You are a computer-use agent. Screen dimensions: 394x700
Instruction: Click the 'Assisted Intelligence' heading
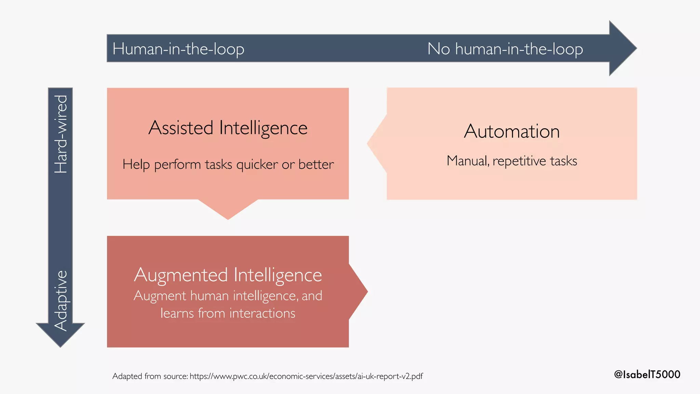click(228, 128)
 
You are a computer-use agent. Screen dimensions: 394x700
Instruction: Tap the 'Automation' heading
click(512, 131)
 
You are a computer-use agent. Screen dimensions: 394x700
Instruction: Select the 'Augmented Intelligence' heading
click(228, 275)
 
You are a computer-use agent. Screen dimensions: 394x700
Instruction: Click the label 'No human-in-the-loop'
click(505, 49)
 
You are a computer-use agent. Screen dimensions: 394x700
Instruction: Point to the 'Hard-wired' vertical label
click(61, 134)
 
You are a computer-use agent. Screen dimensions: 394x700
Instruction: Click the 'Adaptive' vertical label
click(61, 300)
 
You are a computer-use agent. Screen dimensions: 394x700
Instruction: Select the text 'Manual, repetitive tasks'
click(512, 161)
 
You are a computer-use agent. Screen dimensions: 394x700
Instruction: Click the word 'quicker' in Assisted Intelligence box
click(257, 165)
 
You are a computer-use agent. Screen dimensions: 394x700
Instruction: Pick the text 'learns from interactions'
click(228, 313)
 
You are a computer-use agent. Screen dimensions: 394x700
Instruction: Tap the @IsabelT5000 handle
click(647, 374)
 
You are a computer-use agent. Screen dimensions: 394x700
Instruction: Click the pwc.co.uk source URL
click(306, 377)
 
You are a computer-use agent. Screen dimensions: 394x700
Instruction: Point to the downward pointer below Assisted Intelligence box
click(228, 209)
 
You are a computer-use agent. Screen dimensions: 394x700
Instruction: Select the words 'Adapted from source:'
click(150, 376)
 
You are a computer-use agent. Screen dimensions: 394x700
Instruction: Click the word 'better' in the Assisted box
click(316, 165)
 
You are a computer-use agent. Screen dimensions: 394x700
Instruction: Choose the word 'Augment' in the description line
click(160, 296)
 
